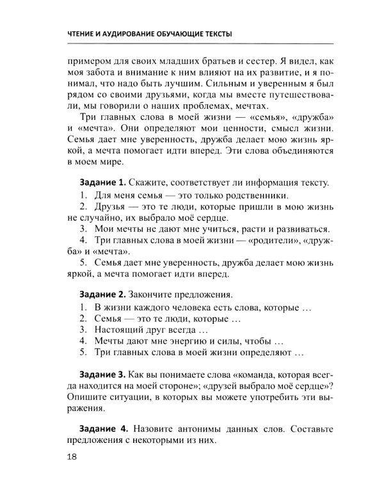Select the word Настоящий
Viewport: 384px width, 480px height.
[121, 330]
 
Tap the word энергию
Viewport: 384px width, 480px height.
[189, 341]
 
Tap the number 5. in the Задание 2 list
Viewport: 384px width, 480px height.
[83, 353]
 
